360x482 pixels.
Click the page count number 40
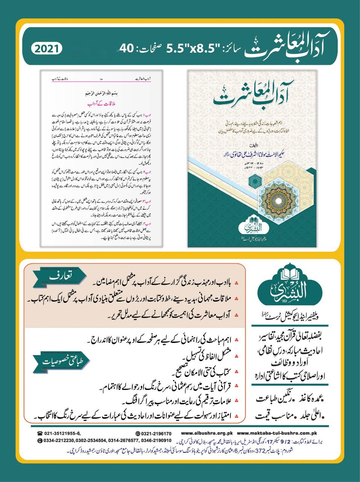point(127,49)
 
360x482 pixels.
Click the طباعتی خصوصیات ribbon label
point(61,361)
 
